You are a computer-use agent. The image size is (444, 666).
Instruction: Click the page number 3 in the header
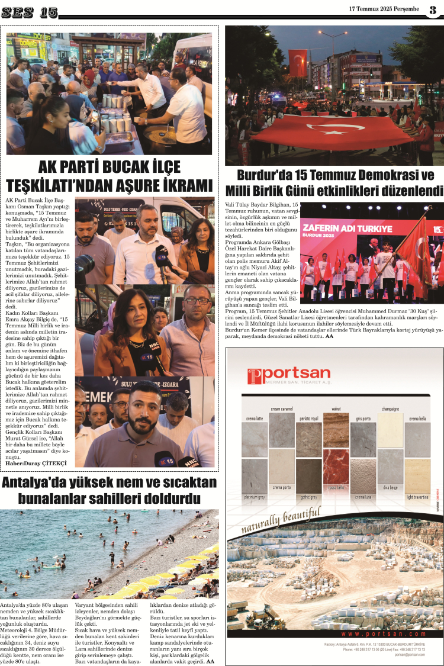click(433, 9)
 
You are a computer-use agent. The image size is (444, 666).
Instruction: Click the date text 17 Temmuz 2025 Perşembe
click(384, 9)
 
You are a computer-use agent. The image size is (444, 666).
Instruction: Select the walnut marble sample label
click(336, 408)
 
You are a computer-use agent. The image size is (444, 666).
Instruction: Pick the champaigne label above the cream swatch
click(391, 408)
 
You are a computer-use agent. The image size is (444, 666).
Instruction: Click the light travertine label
click(417, 497)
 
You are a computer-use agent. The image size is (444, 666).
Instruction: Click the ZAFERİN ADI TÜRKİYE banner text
click(338, 228)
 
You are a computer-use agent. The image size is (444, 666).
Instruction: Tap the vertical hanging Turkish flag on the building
click(298, 63)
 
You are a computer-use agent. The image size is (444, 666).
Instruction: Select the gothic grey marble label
click(309, 497)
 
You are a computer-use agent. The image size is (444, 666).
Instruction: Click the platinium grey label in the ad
click(255, 497)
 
